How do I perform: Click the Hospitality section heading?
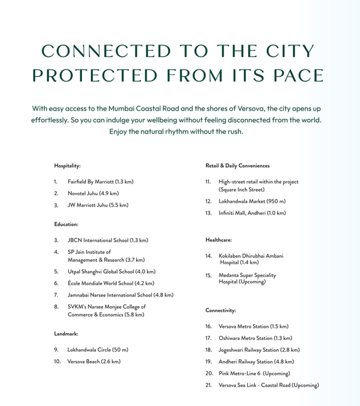(x=67, y=165)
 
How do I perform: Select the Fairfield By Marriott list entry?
(x=100, y=182)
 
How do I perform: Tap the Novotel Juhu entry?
(x=93, y=193)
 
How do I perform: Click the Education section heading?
(x=66, y=225)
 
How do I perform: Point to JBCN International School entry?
(x=108, y=241)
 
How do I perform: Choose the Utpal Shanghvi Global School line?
(x=111, y=271)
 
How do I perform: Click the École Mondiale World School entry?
(x=111, y=283)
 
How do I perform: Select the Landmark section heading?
(x=66, y=333)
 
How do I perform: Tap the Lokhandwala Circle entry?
(x=97, y=349)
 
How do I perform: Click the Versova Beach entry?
(x=94, y=361)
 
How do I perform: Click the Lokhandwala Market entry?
(x=252, y=201)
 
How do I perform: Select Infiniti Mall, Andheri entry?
(x=252, y=213)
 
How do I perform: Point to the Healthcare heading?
(x=219, y=239)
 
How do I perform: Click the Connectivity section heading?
(x=220, y=310)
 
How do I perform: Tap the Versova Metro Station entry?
(x=253, y=326)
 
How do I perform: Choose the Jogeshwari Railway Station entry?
(x=259, y=350)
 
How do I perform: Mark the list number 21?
(x=208, y=385)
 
